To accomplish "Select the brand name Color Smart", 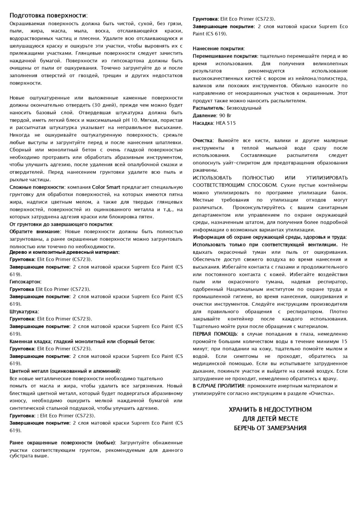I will click(106, 187).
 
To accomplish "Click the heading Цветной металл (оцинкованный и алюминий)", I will click(65, 371).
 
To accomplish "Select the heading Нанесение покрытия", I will click(218, 49).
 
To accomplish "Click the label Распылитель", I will click(208, 108).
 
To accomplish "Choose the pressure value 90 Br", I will click(225, 115).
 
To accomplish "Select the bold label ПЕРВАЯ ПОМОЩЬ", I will click(215, 334).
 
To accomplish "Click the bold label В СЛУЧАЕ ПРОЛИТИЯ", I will click(218, 386).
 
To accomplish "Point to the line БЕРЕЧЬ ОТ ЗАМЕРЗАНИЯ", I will click(270, 428).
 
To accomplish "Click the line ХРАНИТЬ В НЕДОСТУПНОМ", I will click(270, 409).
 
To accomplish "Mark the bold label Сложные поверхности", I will click(36, 187).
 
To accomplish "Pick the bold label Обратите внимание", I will click(34, 232).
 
